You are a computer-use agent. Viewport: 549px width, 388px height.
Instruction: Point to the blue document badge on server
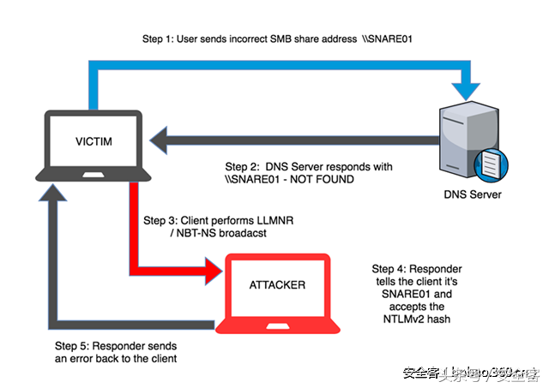[x=489, y=163]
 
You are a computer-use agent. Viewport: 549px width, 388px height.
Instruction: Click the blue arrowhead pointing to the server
[x=470, y=88]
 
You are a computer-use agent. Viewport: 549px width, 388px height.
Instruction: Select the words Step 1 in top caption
[x=159, y=40]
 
